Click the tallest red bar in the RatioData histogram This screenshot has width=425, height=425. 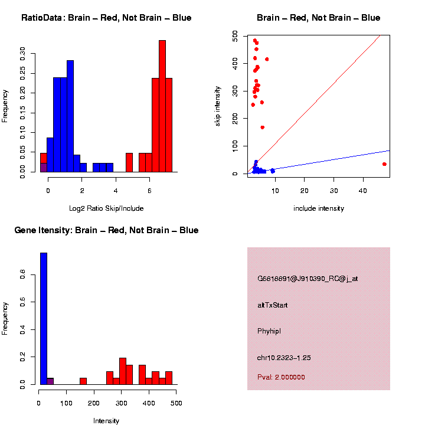162,106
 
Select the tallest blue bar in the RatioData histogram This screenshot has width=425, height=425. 70,116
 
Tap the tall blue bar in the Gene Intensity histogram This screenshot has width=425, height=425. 44,319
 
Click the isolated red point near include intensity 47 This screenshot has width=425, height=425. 384,164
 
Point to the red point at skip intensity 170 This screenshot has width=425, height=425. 262,127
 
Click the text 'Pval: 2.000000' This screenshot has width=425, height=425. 281,377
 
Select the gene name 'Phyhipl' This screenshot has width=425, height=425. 269,331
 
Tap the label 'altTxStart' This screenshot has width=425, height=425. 272,305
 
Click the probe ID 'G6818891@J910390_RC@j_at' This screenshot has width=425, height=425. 308,279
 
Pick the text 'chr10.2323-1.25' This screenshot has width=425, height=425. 284,358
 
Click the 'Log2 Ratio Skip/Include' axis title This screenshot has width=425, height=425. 106,208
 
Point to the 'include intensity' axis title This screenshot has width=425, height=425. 319,208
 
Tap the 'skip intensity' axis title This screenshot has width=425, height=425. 217,106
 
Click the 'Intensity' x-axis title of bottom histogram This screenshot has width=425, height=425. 106,421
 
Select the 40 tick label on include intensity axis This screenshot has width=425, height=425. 363,191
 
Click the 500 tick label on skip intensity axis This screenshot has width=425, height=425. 235,36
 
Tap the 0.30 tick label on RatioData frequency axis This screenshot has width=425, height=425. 22,54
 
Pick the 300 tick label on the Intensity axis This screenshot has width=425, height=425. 121,403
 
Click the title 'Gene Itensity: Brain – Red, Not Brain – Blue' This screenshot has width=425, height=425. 106,230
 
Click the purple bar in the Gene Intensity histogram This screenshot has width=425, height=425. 50,381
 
